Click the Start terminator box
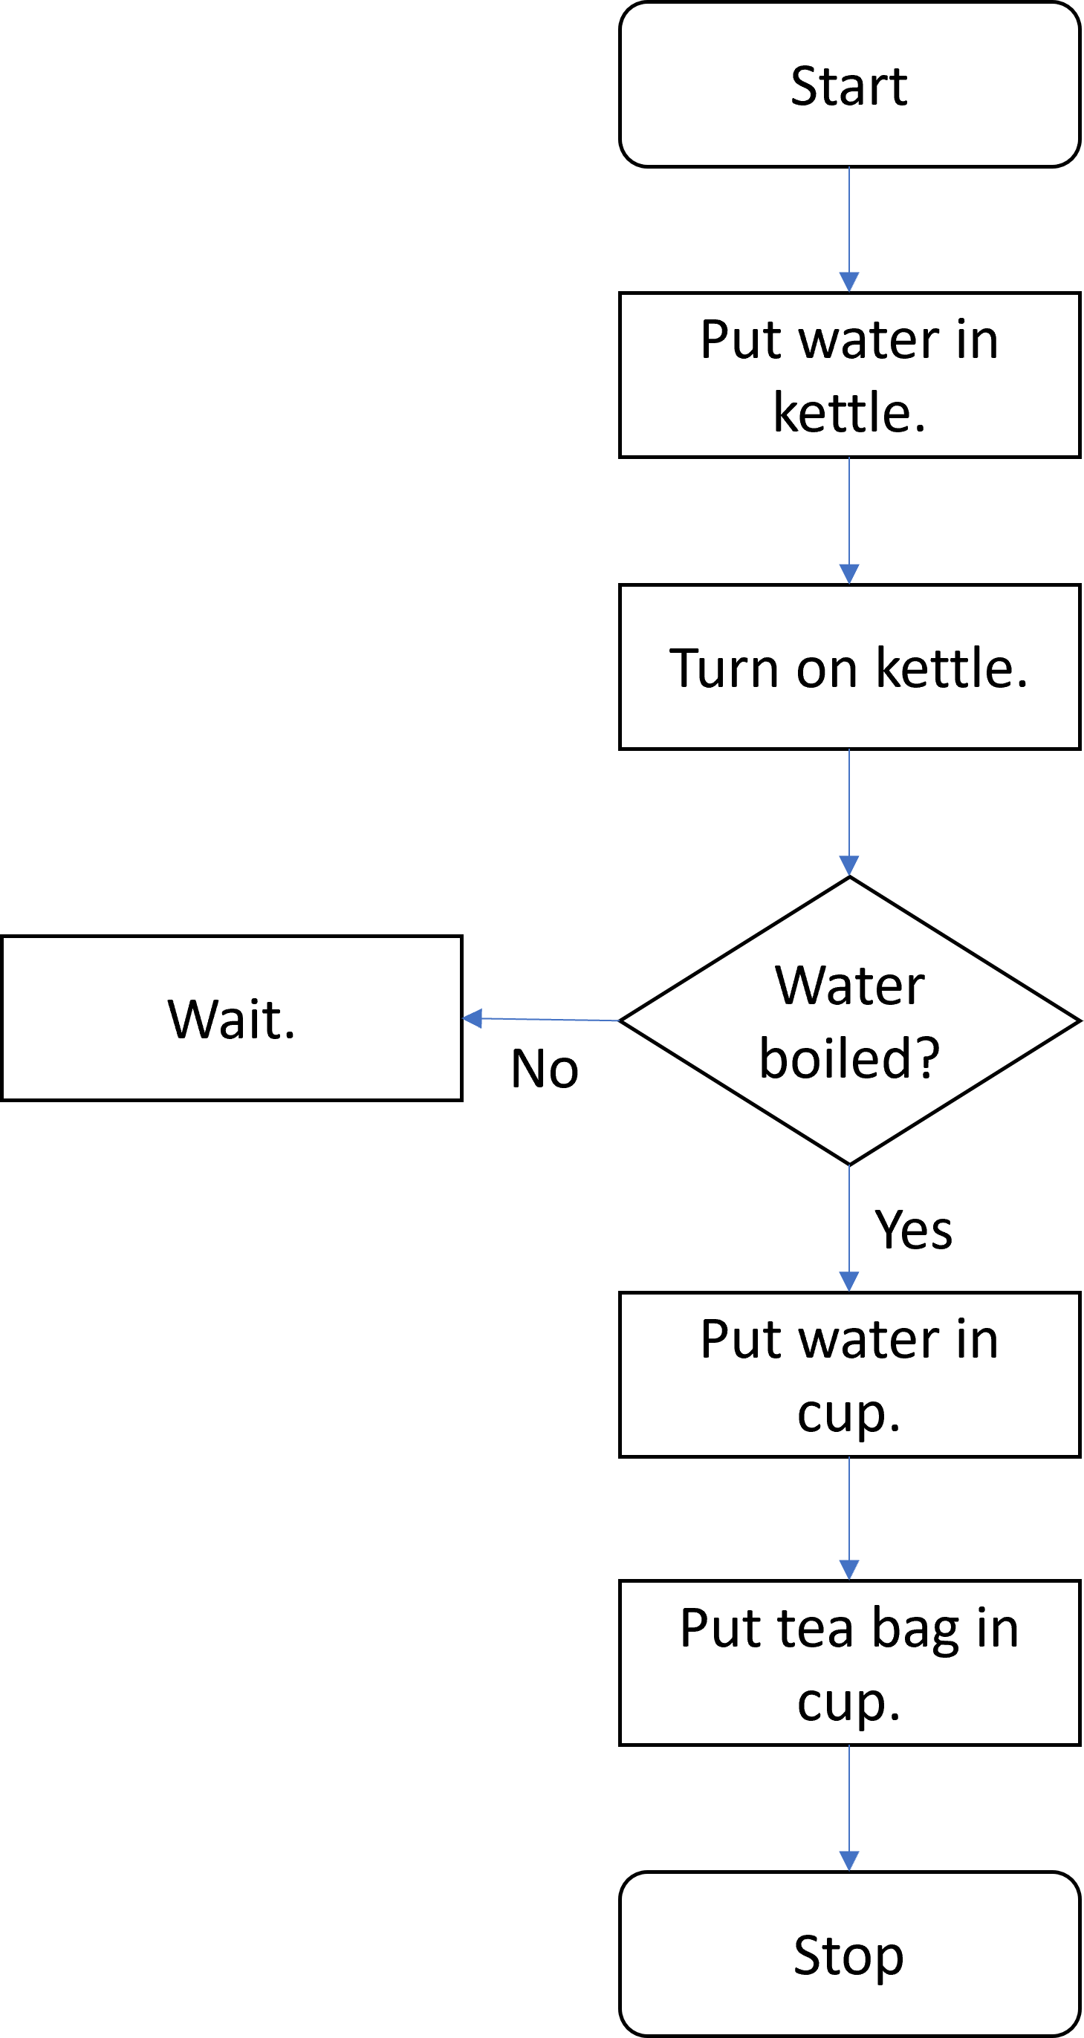[x=849, y=85]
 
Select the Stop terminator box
[x=849, y=1954]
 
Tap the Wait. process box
[x=231, y=1018]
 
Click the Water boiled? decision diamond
[x=849, y=1020]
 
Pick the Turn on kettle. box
[x=849, y=667]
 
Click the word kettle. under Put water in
[x=849, y=413]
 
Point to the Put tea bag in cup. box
[x=849, y=1662]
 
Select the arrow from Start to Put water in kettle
[x=849, y=229]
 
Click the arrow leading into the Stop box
[x=849, y=1808]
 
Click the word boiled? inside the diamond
[x=849, y=1058]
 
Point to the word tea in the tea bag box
[x=816, y=1629]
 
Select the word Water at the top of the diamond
[x=849, y=986]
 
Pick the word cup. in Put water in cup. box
[x=849, y=1413]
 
